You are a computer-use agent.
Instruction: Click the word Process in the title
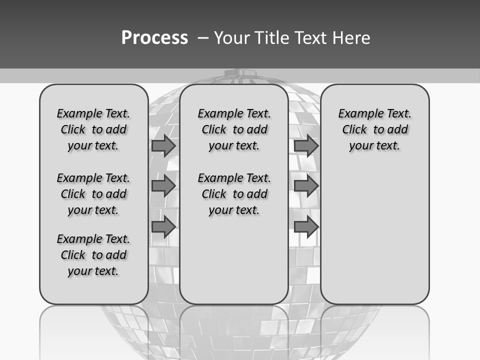(x=154, y=38)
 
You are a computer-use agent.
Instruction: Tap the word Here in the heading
(x=350, y=38)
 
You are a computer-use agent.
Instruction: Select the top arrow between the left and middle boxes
(x=163, y=145)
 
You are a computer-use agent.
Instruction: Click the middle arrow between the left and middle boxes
(x=163, y=186)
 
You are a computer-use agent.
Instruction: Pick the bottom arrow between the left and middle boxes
(x=163, y=227)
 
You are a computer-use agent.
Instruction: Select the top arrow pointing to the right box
(x=306, y=145)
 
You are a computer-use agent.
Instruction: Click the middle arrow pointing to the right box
(x=306, y=186)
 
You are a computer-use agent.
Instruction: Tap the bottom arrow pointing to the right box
(x=306, y=227)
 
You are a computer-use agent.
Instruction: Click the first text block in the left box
(x=93, y=129)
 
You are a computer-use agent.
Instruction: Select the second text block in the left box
(x=93, y=194)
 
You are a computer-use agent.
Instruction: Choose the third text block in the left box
(x=93, y=255)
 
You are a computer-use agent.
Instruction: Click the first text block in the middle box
(x=234, y=129)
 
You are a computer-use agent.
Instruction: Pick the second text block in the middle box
(x=234, y=194)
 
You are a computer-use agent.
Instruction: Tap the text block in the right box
(x=374, y=129)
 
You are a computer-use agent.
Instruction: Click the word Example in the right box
(x=357, y=114)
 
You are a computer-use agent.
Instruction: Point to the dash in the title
(x=203, y=38)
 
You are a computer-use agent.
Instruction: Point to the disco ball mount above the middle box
(x=239, y=74)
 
